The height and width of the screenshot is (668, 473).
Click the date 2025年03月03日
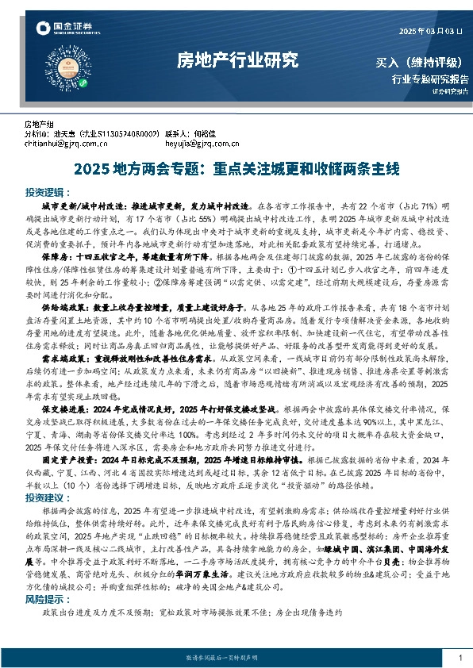click(x=429, y=31)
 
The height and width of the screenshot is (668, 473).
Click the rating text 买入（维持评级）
click(x=421, y=62)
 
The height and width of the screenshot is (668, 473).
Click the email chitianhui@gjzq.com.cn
click(x=66, y=144)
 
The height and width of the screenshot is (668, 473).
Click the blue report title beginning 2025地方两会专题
click(x=236, y=168)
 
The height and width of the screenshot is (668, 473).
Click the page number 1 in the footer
click(x=460, y=658)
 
